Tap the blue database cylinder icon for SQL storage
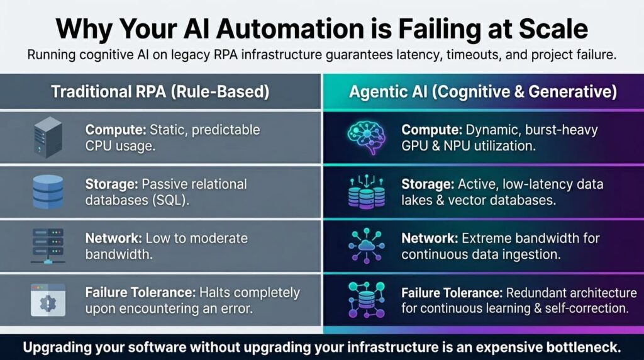[48, 192]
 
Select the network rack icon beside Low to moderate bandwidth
[48, 246]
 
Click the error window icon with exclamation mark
[48, 300]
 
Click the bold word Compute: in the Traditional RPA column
[115, 130]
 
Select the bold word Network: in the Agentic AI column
[430, 239]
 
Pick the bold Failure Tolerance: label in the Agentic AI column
[455, 293]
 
